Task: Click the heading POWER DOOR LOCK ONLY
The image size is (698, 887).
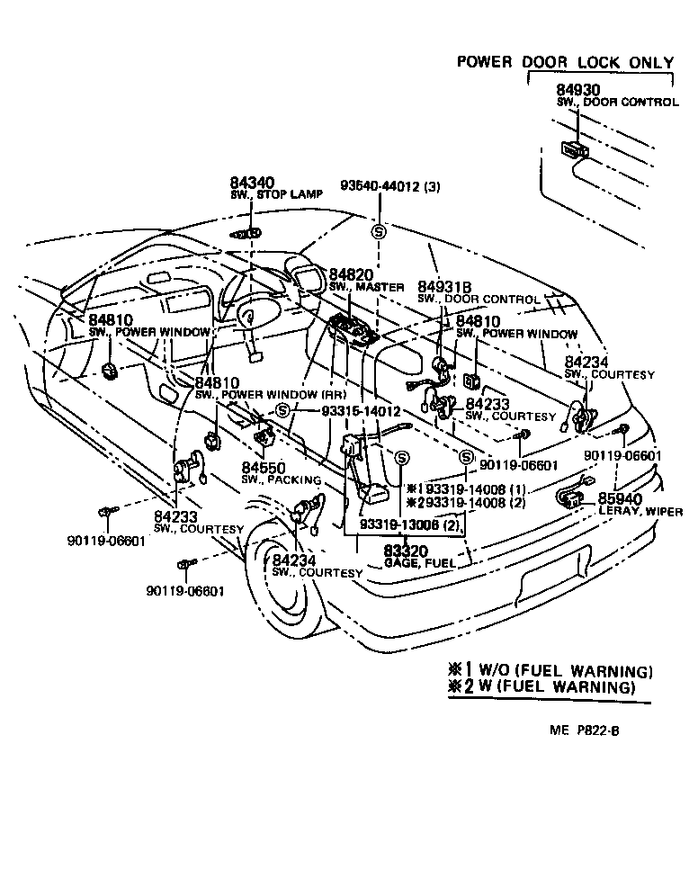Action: tap(565, 62)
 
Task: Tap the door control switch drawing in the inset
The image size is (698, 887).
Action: tap(573, 149)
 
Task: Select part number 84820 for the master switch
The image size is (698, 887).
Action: tap(350, 274)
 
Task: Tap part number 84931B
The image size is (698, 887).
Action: tap(446, 287)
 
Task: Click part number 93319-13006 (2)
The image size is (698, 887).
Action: tap(410, 524)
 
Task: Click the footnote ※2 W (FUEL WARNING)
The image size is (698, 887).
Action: tap(541, 687)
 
